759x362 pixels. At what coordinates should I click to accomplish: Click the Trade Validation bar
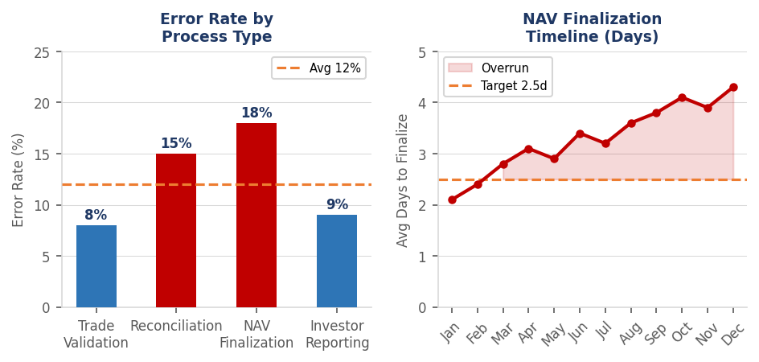pos(96,266)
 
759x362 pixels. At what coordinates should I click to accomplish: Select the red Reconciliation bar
pos(176,230)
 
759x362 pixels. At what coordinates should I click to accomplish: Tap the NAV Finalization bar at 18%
pos(256,215)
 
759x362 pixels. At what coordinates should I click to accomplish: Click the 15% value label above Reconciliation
pos(176,144)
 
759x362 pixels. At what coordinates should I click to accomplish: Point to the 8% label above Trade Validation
pos(96,216)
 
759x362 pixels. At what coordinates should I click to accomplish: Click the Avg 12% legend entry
pos(318,68)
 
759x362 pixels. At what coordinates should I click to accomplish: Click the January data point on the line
pos(452,200)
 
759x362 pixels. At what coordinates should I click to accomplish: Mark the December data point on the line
pos(733,87)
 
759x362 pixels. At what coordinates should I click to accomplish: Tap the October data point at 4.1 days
pos(682,97)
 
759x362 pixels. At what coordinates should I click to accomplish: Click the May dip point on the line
pos(554,158)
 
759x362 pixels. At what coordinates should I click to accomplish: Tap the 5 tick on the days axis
pos(421,52)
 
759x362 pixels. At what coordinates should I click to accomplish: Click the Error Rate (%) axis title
pos(18,179)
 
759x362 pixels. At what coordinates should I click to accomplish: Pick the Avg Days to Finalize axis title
pos(403,179)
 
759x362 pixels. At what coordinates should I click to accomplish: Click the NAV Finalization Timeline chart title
pos(592,28)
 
